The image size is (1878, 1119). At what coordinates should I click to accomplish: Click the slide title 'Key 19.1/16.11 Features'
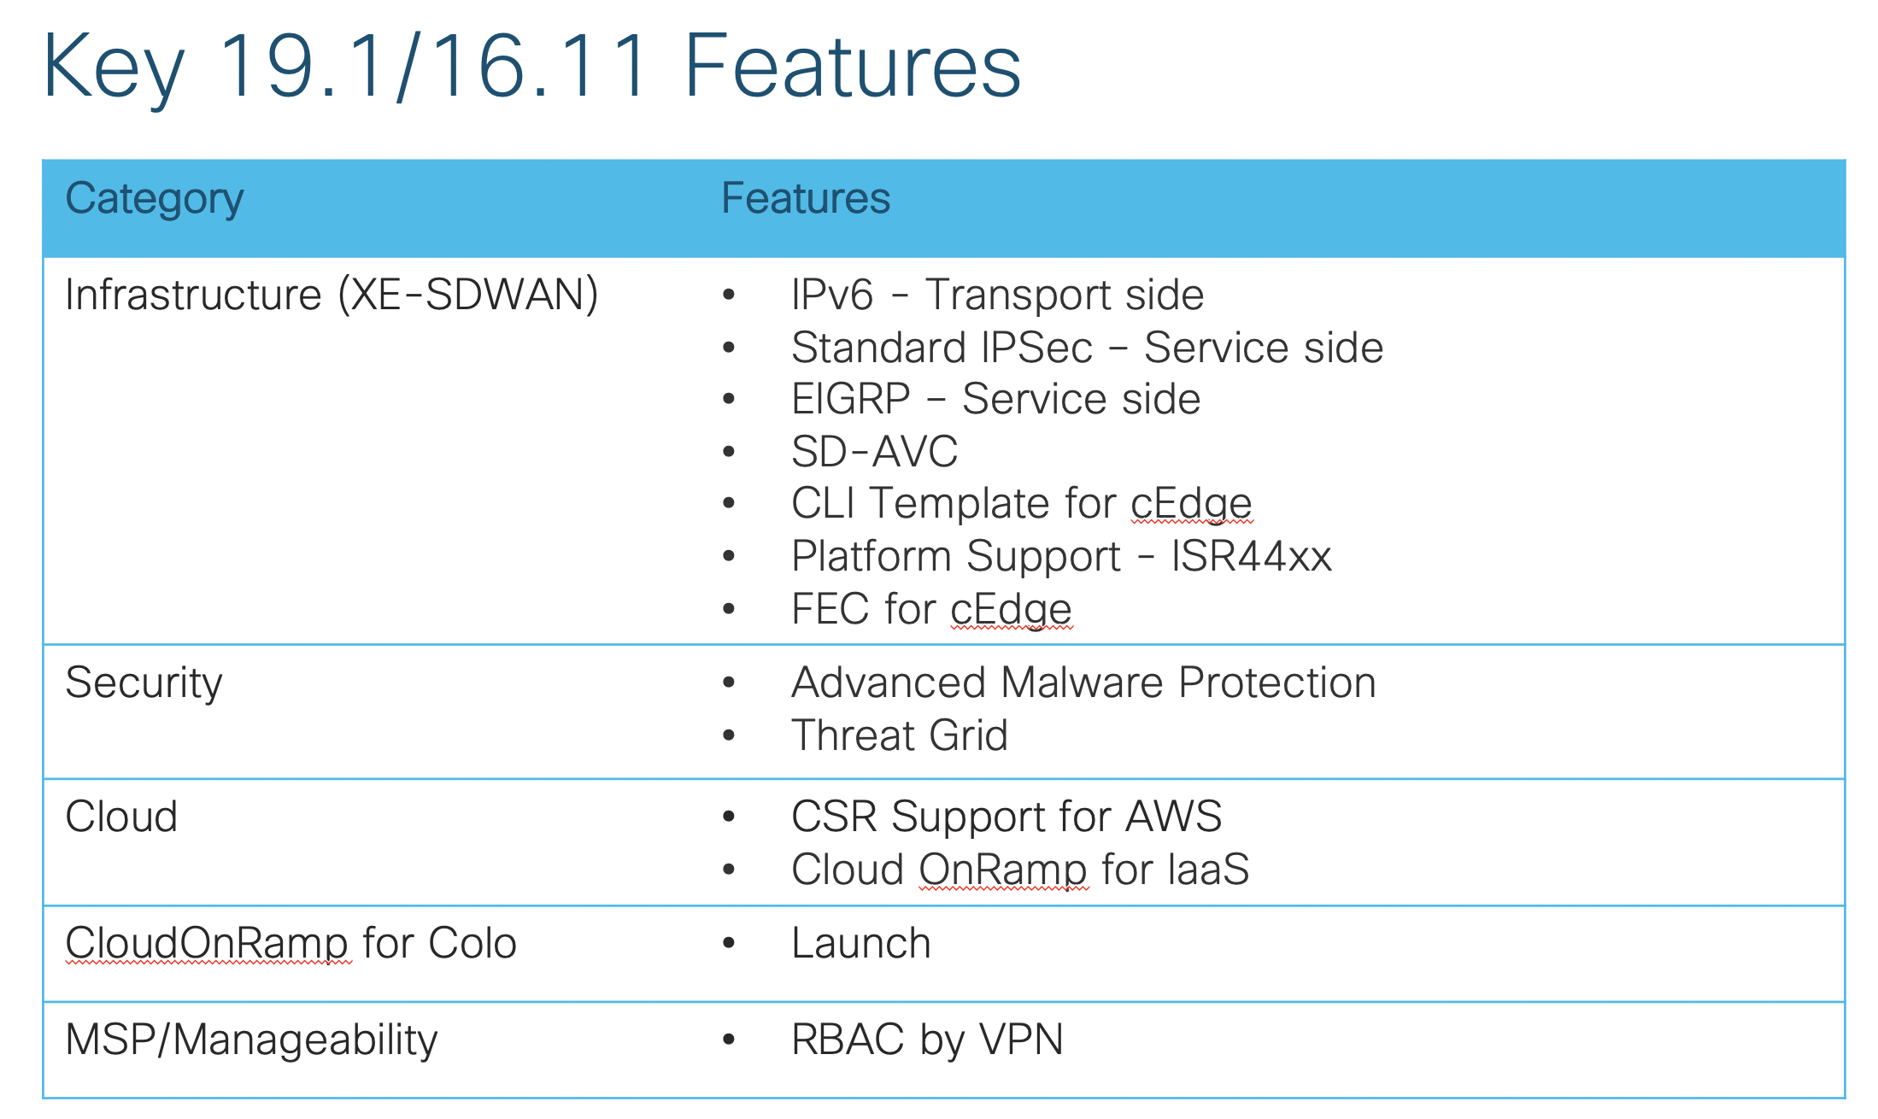click(x=531, y=67)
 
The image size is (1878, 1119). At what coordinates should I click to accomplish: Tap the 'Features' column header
click(x=806, y=198)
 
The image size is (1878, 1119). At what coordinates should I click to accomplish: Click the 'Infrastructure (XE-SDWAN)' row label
click(x=332, y=296)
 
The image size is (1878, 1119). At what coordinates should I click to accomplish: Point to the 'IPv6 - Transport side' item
click(x=997, y=295)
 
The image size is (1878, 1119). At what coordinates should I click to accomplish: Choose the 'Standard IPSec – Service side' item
click(x=1087, y=348)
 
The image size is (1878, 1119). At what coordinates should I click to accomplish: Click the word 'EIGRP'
click(x=851, y=399)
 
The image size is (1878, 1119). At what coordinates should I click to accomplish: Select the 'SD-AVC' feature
click(x=874, y=451)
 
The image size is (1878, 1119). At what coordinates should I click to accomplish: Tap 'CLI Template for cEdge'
click(x=1022, y=504)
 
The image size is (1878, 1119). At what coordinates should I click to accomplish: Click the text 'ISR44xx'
click(x=1252, y=556)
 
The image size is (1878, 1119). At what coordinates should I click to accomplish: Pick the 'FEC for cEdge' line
click(x=931, y=609)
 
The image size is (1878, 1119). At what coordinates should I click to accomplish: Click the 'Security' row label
click(x=144, y=684)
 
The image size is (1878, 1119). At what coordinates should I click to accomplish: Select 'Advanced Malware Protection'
click(x=1083, y=683)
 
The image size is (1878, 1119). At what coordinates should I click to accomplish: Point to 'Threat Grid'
click(x=900, y=735)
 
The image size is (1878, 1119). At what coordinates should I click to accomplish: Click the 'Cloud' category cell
click(x=121, y=817)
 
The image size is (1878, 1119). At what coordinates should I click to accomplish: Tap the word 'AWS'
click(x=1174, y=817)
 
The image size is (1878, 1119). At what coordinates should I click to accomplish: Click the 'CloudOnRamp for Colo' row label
click(x=291, y=944)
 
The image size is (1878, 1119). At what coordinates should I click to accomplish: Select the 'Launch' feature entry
click(x=861, y=944)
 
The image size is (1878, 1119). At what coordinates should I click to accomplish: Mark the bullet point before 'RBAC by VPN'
click(x=729, y=1040)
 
